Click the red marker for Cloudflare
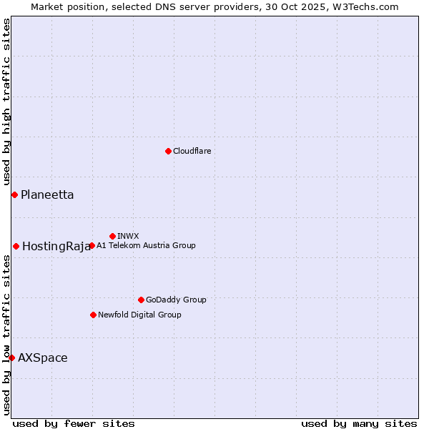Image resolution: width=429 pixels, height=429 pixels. (168, 151)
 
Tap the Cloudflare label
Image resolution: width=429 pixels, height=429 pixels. (192, 151)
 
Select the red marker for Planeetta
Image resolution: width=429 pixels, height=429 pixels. (14, 194)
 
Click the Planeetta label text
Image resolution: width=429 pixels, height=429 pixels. (47, 194)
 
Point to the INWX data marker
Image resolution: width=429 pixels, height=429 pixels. (112, 236)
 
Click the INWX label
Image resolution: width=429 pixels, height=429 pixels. (128, 236)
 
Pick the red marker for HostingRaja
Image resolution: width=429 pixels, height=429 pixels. (16, 246)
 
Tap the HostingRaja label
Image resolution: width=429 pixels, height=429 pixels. (56, 247)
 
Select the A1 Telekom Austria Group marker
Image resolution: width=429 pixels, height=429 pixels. (92, 245)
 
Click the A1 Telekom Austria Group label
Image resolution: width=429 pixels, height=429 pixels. (146, 245)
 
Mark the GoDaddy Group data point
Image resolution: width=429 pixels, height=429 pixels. (141, 300)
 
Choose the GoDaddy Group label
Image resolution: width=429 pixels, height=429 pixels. (176, 300)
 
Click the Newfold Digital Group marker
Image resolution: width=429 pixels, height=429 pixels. (93, 315)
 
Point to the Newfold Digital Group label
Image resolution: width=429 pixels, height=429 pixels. (139, 315)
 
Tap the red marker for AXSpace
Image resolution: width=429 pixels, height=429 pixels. (11, 357)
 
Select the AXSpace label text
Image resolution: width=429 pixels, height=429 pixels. (43, 357)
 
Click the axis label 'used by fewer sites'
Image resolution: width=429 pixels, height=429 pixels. (74, 423)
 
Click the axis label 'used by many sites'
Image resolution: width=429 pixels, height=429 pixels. (359, 423)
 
